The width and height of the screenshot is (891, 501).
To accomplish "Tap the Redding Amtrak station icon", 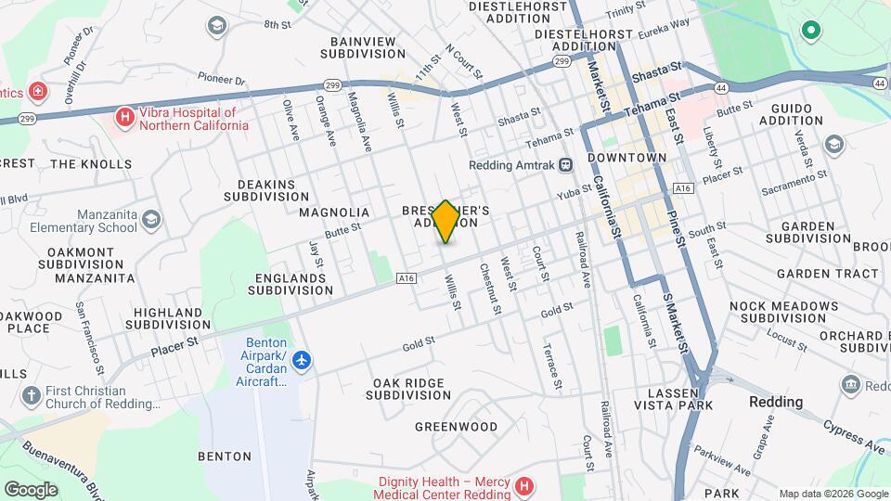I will (565, 165).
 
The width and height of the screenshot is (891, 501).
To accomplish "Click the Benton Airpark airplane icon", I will (302, 359).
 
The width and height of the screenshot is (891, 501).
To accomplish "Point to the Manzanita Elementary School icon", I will (151, 220).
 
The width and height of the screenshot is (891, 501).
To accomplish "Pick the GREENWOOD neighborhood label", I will (456, 427).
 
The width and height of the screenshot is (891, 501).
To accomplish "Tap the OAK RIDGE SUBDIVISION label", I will (414, 389).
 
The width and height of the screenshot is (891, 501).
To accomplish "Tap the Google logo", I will (31, 490).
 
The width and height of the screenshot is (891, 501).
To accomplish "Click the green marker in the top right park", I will (811, 32).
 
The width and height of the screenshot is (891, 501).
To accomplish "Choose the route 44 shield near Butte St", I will (721, 88).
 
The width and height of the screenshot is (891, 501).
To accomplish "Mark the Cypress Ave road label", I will (854, 434).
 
